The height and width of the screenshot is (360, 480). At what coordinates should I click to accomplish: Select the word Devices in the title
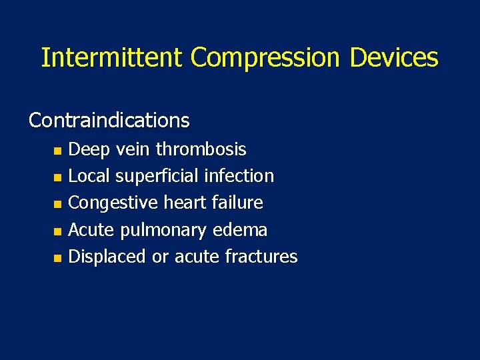(394, 57)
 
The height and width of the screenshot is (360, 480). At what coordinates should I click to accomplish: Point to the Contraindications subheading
(109, 120)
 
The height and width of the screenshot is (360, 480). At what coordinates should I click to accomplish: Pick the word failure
(239, 203)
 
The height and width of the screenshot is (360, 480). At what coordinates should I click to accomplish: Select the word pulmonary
(164, 231)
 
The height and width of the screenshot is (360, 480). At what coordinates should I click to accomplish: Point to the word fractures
(261, 257)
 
